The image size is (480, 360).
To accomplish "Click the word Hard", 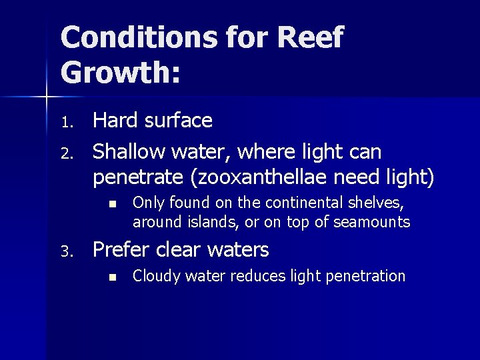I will pos(115,121).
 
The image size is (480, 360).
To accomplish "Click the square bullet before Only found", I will pos(114,203).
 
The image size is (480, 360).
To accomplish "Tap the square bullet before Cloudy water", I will pos(114,277).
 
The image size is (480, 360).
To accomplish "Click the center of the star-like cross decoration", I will pos(47,97).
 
